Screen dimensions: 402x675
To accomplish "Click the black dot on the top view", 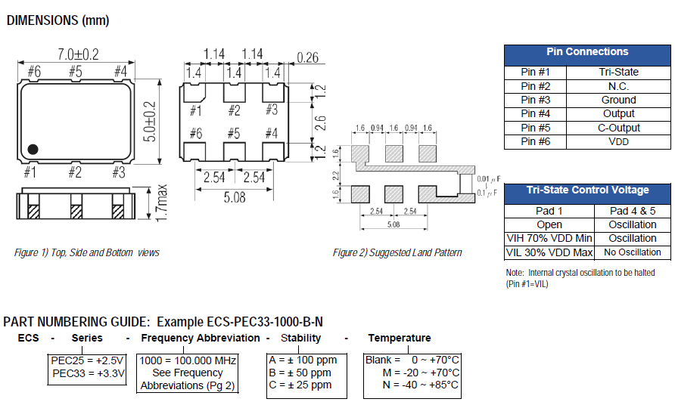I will [x=33, y=148].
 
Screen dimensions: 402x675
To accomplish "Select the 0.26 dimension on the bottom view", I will [x=308, y=57].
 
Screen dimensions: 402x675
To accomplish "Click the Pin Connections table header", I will [x=586, y=52].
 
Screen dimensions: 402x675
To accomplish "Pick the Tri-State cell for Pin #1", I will [x=618, y=73].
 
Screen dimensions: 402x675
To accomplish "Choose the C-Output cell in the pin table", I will [x=618, y=128].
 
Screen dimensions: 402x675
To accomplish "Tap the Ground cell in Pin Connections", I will [x=618, y=100].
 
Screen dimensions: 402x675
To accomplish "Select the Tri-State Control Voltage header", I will [x=587, y=190].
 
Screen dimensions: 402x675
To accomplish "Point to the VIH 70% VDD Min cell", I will [x=549, y=239].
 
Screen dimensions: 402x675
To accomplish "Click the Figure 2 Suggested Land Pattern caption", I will [x=397, y=252].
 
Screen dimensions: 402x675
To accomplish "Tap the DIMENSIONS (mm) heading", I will [x=58, y=21].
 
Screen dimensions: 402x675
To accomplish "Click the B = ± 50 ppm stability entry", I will [x=300, y=373].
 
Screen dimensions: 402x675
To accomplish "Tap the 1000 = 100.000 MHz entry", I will [x=188, y=360].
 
